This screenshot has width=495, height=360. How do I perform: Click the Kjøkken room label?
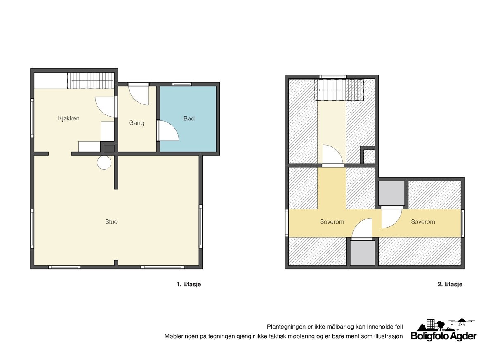(x=68, y=118)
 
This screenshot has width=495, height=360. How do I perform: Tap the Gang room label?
(x=137, y=123)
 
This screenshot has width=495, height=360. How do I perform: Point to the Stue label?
(x=111, y=222)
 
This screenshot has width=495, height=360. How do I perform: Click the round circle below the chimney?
(x=104, y=162)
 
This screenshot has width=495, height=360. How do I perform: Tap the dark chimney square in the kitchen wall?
(x=109, y=148)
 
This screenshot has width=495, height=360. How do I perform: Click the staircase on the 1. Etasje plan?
(x=90, y=81)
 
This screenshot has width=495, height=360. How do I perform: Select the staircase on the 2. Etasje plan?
(x=339, y=90)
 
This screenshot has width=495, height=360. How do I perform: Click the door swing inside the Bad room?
(x=168, y=131)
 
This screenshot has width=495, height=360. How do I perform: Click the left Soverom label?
(x=332, y=222)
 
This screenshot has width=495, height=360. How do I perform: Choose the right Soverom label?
(x=423, y=222)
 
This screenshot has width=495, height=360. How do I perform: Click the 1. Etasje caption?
(x=189, y=285)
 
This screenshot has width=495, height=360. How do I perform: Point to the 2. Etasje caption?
(x=450, y=285)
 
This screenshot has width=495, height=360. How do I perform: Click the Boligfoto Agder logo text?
(x=443, y=336)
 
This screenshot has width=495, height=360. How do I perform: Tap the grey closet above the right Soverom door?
(x=391, y=193)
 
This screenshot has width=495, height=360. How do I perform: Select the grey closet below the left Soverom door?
(x=363, y=253)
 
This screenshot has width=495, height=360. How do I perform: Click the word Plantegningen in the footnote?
(x=286, y=327)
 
